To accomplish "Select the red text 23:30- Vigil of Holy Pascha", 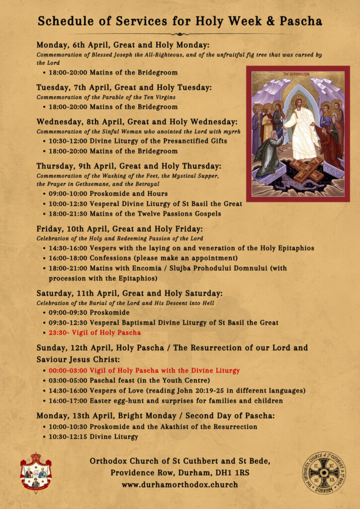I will pos(94,333).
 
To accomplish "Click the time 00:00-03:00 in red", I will pos(68,370).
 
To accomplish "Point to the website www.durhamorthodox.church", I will pos(180,484).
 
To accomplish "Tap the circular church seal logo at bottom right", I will pos(324,473).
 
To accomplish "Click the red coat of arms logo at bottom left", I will pos(35,472).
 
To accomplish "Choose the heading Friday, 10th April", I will pos(70,229).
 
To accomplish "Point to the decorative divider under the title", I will pos(180,33).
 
